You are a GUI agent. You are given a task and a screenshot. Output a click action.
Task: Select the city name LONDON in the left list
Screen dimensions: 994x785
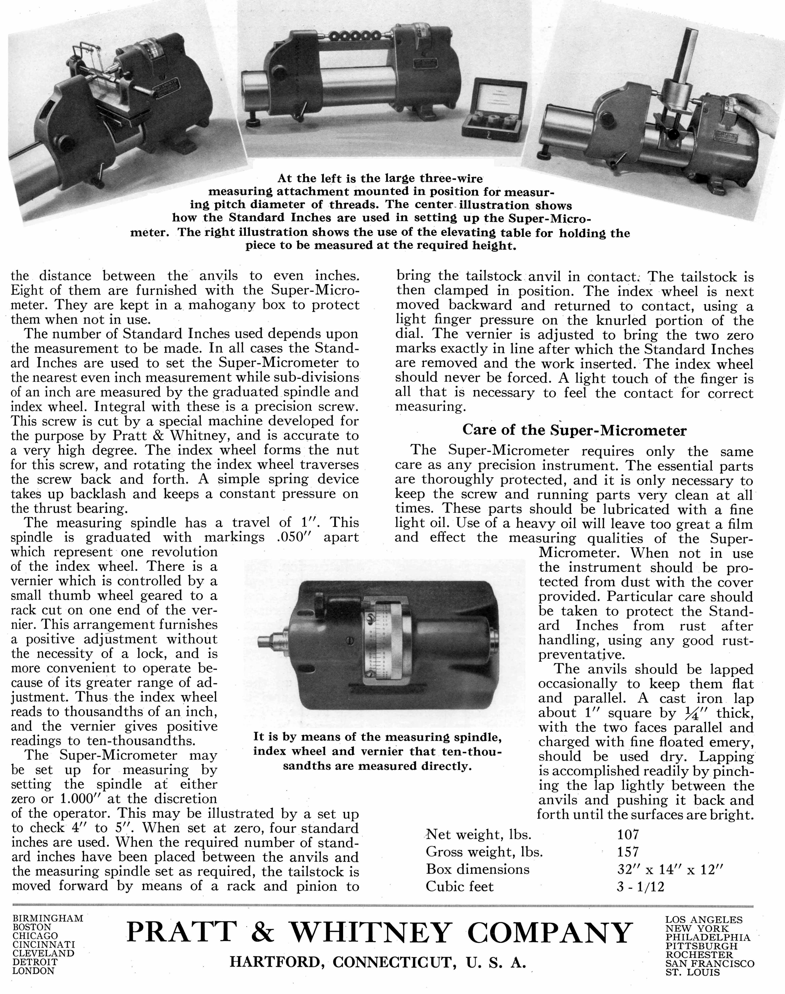pyautogui.click(x=33, y=971)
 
